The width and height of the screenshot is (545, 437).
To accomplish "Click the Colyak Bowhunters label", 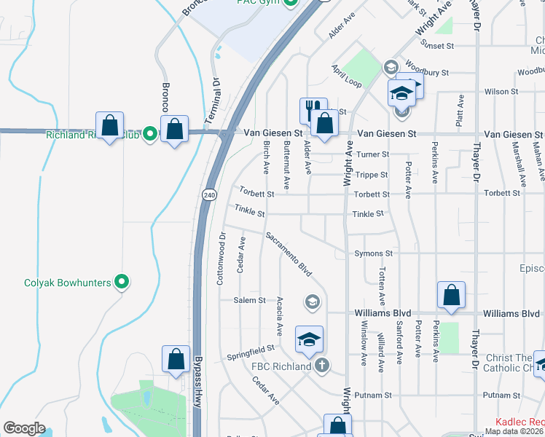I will pyautogui.click(x=67, y=283).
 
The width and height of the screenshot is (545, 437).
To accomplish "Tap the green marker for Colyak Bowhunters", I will pyautogui.click(x=122, y=283).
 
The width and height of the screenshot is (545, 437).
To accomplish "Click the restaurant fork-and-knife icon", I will pyautogui.click(x=313, y=111).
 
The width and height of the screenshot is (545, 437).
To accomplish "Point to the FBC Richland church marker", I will pyautogui.click(x=321, y=366).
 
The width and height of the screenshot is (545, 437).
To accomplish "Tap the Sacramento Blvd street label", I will pyautogui.click(x=289, y=254).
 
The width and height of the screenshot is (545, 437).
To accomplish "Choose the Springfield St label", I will pyautogui.click(x=250, y=353).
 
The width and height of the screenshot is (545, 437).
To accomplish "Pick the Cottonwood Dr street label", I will pyautogui.click(x=223, y=259).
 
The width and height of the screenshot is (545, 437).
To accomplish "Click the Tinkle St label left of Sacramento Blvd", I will pyautogui.click(x=249, y=210).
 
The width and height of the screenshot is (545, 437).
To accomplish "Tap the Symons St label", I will pyautogui.click(x=373, y=253).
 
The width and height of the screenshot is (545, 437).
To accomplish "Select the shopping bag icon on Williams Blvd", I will pyautogui.click(x=452, y=296).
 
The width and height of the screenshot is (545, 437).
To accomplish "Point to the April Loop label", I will pyautogui.click(x=346, y=76).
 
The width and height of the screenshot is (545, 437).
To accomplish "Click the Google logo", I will pyautogui.click(x=24, y=428).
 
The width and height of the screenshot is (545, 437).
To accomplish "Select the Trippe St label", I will pyautogui.click(x=372, y=175).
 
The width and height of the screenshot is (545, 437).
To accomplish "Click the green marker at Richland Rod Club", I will pyautogui.click(x=150, y=134).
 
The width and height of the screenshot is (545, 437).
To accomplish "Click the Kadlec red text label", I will pyautogui.click(x=519, y=422).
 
